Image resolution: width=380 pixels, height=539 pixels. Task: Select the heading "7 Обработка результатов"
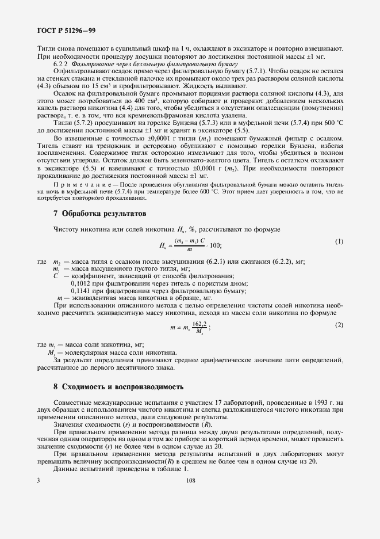(99, 198)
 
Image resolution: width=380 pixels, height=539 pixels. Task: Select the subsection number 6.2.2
(62, 66)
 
